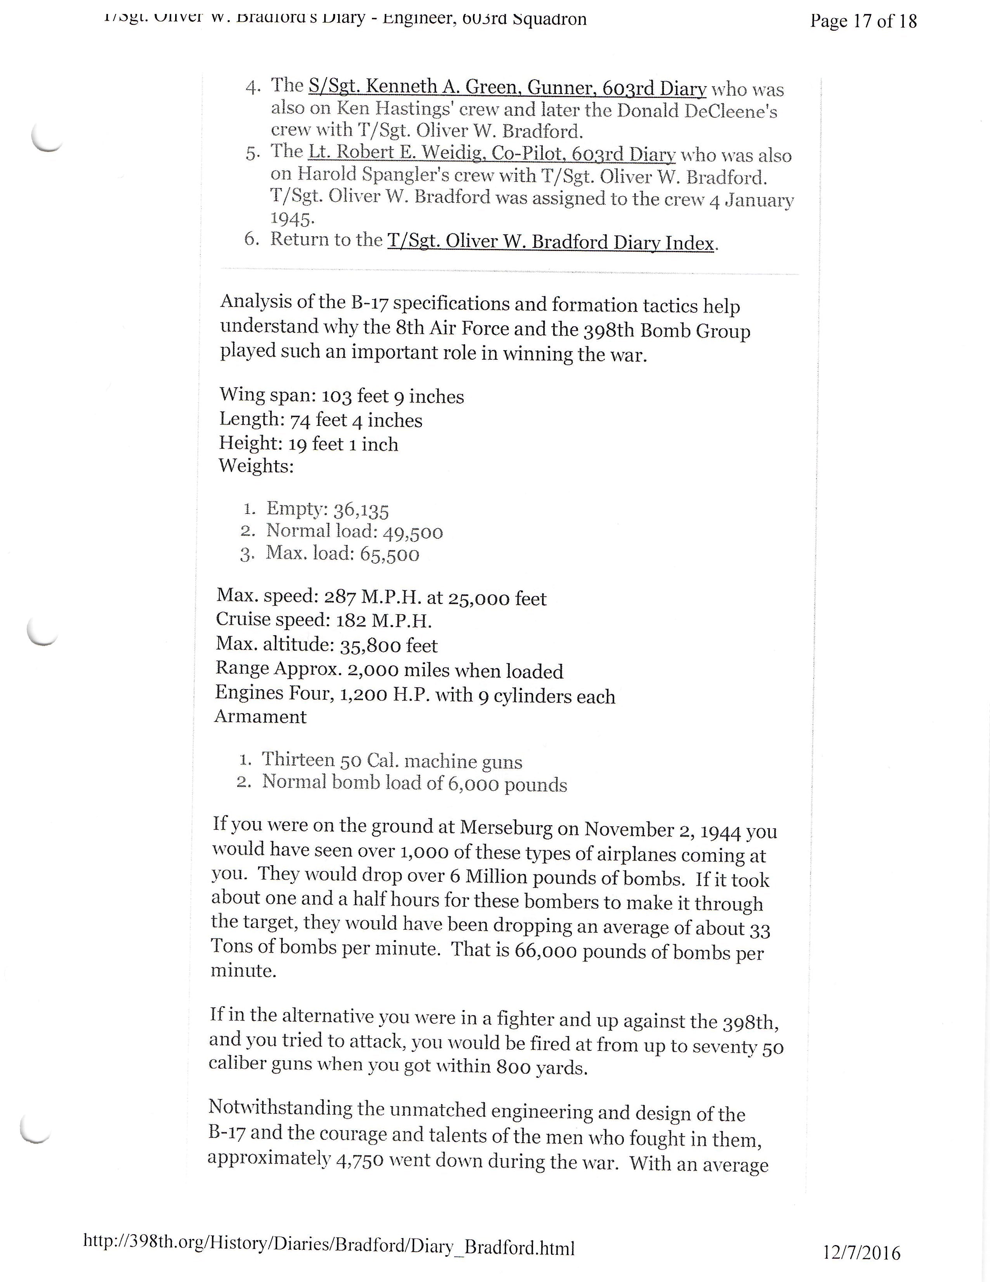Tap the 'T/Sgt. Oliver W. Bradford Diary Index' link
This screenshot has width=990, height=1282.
[x=550, y=242]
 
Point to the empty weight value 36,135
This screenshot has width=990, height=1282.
[x=361, y=510]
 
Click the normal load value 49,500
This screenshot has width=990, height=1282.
[x=413, y=532]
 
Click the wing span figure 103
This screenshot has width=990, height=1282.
[x=337, y=397]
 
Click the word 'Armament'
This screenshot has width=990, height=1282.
[x=261, y=717]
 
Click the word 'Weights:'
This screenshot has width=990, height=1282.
[x=256, y=467]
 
